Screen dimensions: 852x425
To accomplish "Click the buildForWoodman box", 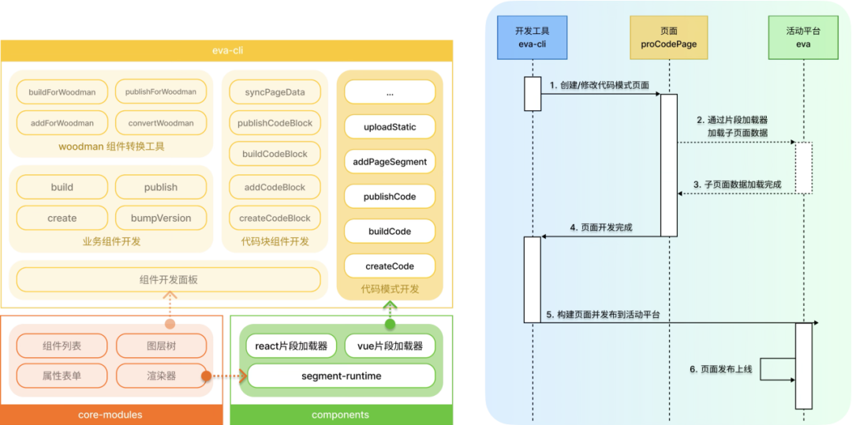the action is pyautogui.click(x=62, y=91).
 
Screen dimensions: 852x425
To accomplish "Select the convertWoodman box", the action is pyautogui.click(x=161, y=123).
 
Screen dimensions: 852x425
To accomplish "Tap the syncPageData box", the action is pyautogui.click(x=275, y=92).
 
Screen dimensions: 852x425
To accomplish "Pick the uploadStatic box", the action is pyautogui.click(x=390, y=127).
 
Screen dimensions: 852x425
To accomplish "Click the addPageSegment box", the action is pyautogui.click(x=390, y=162).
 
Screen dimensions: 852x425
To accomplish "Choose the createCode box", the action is pyautogui.click(x=390, y=267).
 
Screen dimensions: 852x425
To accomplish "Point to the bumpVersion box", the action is pyautogui.click(x=161, y=218).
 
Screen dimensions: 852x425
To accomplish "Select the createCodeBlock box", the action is pyautogui.click(x=275, y=218).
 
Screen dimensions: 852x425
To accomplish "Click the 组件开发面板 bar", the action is pyautogui.click(x=169, y=280).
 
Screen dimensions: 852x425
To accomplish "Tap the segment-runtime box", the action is pyautogui.click(x=342, y=375).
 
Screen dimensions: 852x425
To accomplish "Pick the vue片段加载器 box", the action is pyautogui.click(x=390, y=345).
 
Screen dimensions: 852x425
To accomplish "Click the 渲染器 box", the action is pyautogui.click(x=162, y=375).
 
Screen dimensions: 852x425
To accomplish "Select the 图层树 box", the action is pyautogui.click(x=162, y=345).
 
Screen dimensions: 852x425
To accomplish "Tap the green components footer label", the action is pyautogui.click(x=340, y=416).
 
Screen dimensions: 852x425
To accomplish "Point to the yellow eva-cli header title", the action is pyautogui.click(x=226, y=50).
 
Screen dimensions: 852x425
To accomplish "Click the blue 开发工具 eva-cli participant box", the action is pyautogui.click(x=532, y=37).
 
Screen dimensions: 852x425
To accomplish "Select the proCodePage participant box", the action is pyautogui.click(x=669, y=37).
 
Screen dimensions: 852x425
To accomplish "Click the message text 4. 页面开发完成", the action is pyautogui.click(x=601, y=229).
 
